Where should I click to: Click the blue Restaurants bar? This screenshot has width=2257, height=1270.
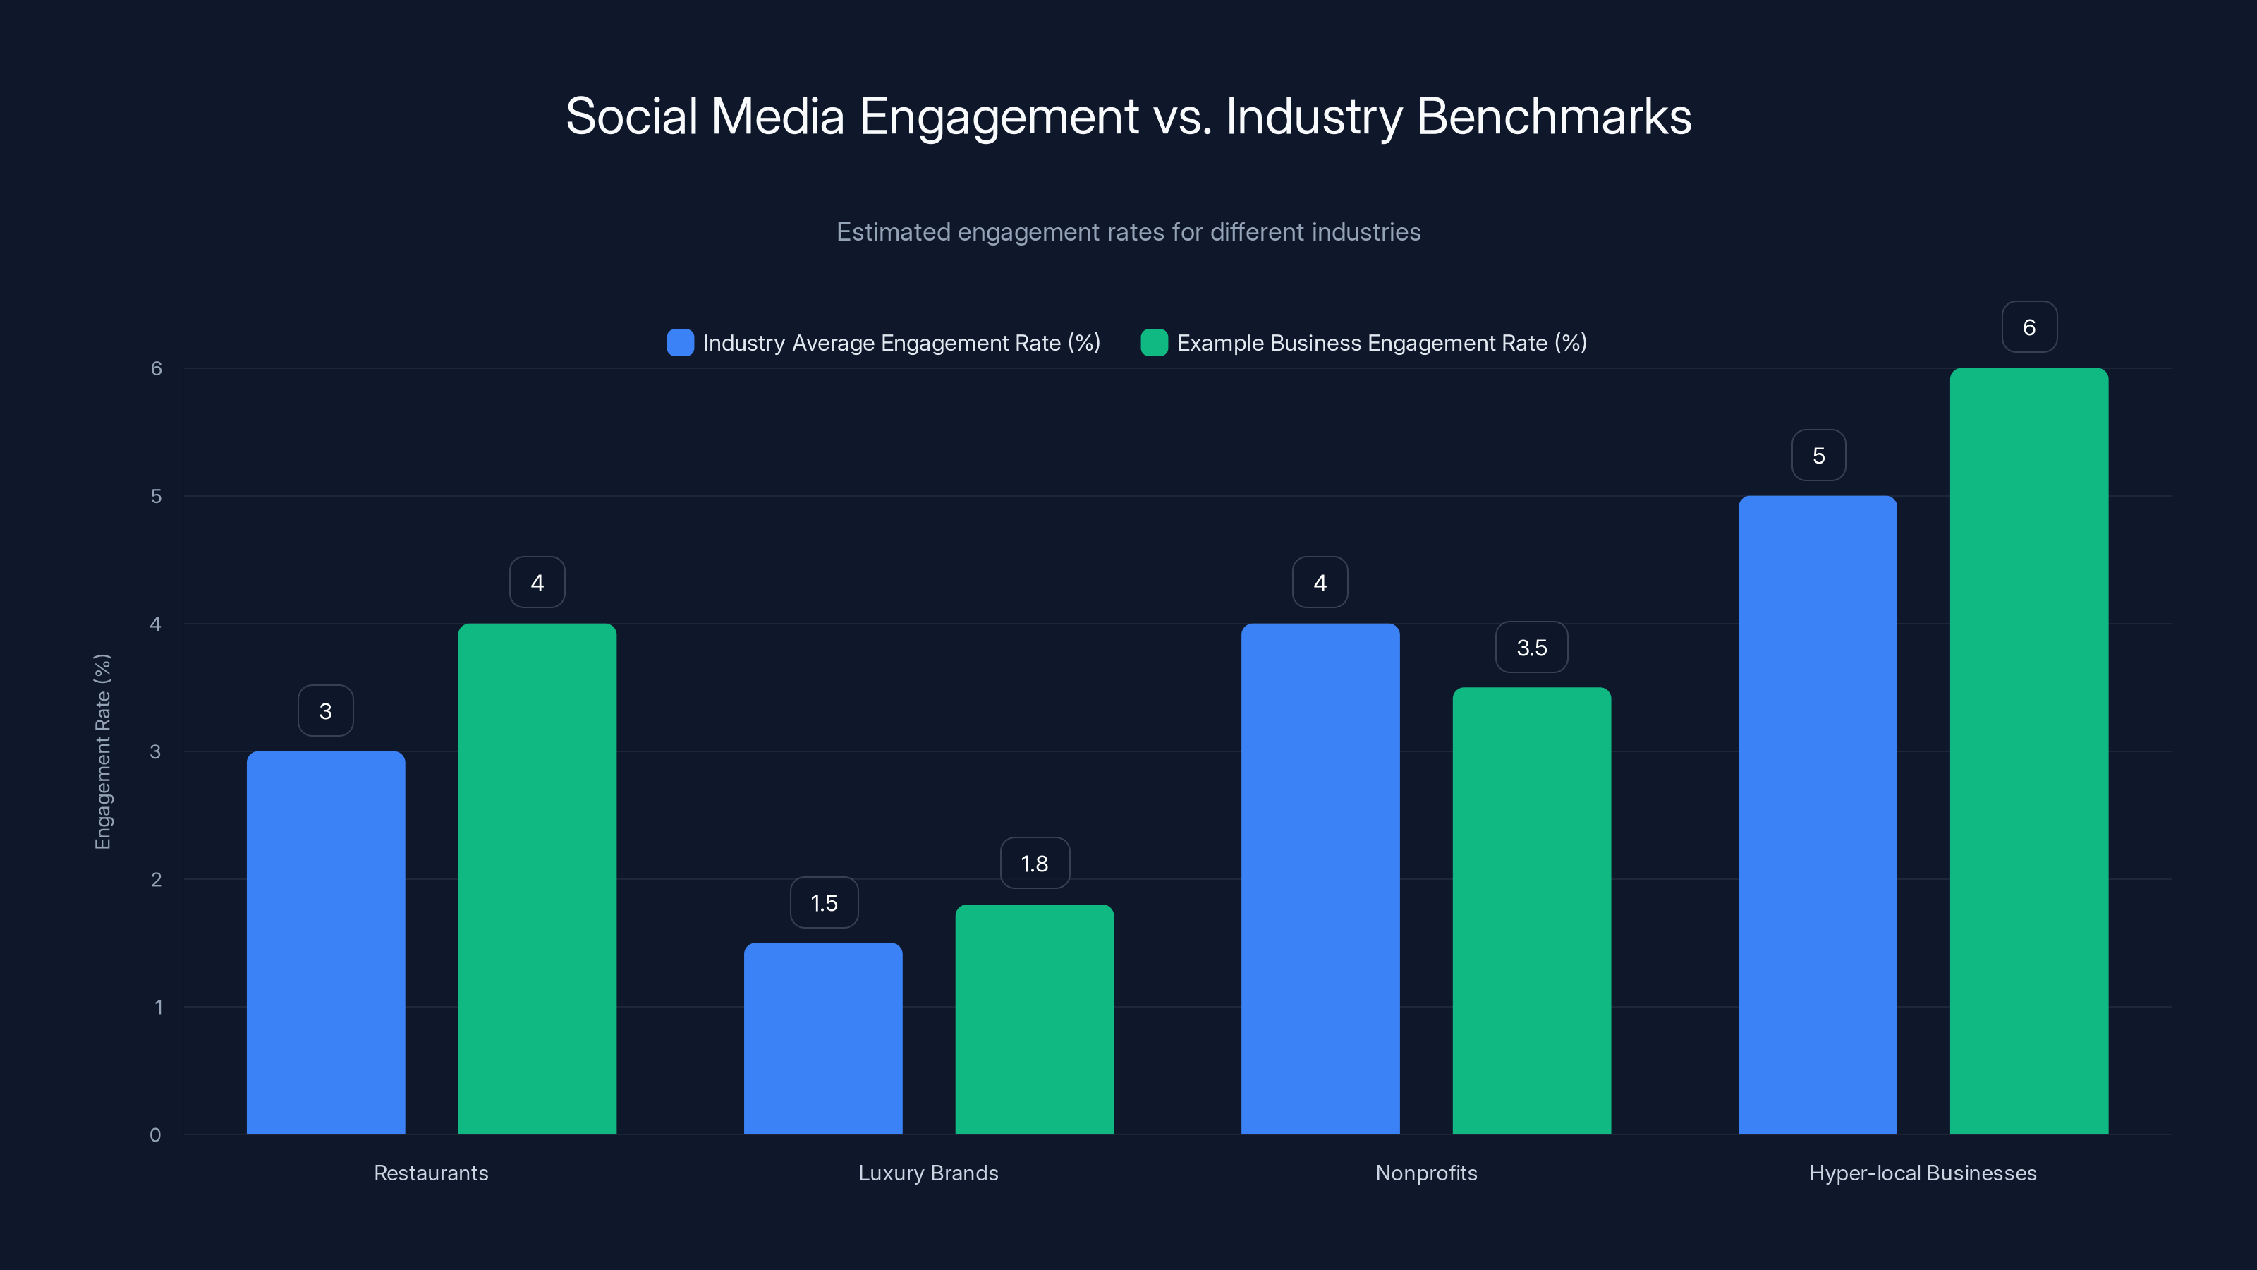tap(326, 942)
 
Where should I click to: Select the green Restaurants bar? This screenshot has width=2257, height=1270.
tap(537, 878)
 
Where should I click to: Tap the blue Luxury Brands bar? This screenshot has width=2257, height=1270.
tap(822, 1039)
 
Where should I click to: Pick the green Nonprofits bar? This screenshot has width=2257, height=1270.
tap(1531, 911)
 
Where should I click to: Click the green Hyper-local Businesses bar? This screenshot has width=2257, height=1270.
tap(2028, 751)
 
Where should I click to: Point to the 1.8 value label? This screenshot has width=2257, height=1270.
tap(1035, 864)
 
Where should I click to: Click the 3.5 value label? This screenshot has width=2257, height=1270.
tap(1531, 648)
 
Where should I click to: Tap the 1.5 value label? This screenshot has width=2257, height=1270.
tap(824, 903)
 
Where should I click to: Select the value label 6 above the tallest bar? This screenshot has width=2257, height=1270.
tap(2029, 327)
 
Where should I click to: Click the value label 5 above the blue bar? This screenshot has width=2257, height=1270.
tap(1818, 456)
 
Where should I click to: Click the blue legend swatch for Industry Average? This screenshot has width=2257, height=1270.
tap(680, 343)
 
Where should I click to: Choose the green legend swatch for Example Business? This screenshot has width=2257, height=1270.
tap(1154, 343)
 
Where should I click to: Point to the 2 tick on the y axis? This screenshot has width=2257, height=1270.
tap(156, 879)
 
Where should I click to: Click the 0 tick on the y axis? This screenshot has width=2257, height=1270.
tap(155, 1135)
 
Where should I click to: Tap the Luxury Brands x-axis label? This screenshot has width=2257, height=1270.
tap(928, 1173)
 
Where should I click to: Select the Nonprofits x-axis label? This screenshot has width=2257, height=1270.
tap(1425, 1173)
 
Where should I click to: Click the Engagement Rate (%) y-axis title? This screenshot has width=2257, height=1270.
tap(102, 751)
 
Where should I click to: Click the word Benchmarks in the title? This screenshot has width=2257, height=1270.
tap(1553, 116)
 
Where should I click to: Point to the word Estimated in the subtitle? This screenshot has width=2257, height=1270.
tap(893, 232)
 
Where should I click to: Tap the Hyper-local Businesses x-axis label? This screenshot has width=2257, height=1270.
tap(1922, 1173)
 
